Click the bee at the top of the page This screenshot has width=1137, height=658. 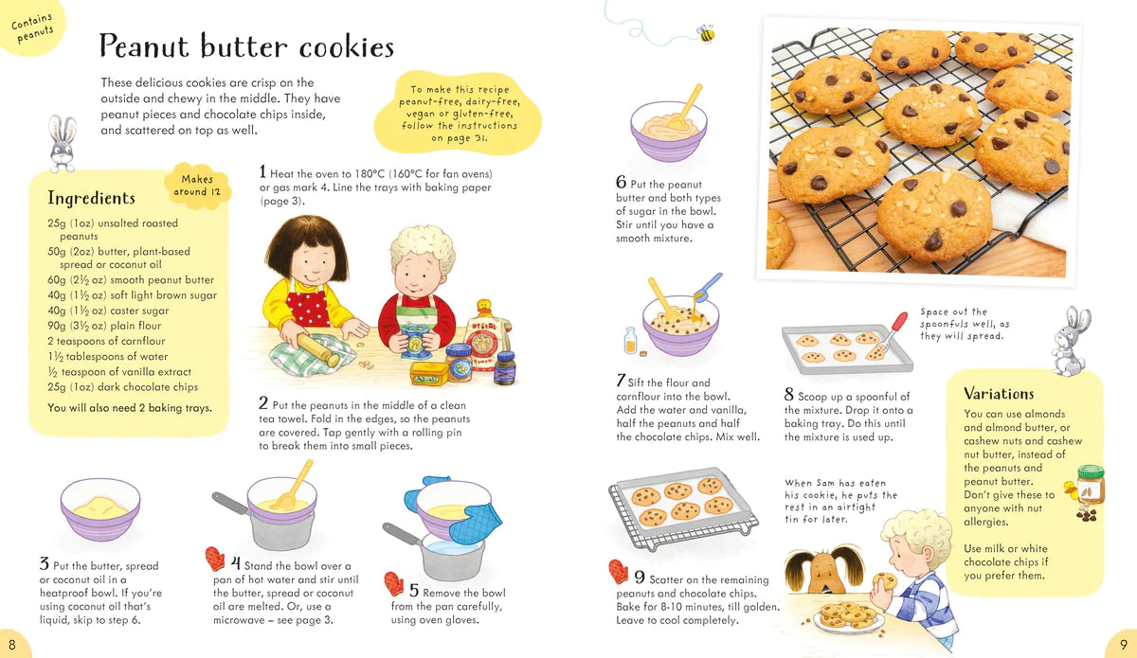(706, 33)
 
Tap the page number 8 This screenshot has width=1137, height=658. (12, 645)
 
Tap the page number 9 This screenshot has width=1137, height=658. (1124, 645)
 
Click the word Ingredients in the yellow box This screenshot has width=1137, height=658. (91, 198)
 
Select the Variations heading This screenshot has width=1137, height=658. (999, 394)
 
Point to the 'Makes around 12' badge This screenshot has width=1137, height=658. (197, 186)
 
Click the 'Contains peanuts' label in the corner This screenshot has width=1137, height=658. (33, 27)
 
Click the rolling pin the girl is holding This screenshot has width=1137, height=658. (318, 349)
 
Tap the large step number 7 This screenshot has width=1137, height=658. (621, 381)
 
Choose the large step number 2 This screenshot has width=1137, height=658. (263, 402)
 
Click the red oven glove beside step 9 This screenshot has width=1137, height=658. (618, 571)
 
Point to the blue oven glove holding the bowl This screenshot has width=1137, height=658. (475, 523)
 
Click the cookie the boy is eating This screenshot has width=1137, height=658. (885, 581)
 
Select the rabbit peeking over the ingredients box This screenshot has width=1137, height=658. (63, 144)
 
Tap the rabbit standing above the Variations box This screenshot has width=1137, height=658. (1070, 341)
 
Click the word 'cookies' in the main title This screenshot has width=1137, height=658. (346, 46)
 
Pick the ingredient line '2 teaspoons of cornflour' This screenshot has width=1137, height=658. (106, 341)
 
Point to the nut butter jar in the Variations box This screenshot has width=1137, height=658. (1090, 486)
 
